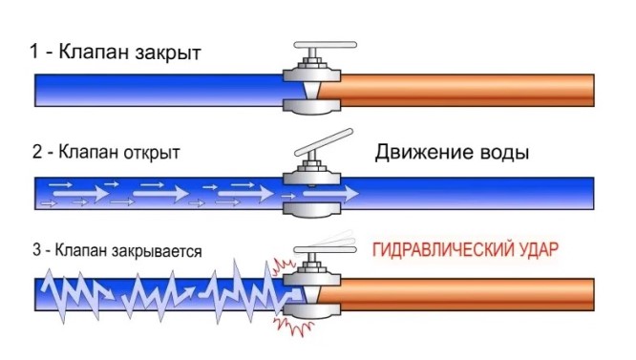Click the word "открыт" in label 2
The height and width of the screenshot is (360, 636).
(x=148, y=152)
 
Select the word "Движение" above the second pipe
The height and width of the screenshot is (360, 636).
(x=421, y=152)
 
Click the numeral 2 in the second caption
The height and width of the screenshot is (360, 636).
(x=36, y=152)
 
